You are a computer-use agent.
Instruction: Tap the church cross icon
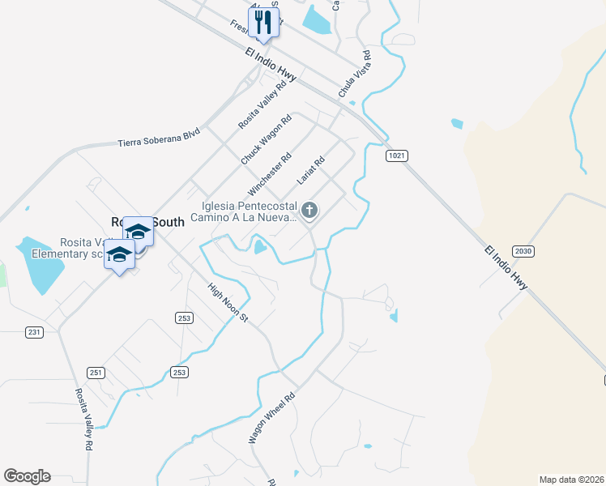pos(309,211)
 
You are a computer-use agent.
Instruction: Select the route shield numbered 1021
pos(396,156)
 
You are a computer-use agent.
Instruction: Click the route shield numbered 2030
pos(523,251)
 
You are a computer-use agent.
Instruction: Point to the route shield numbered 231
pos(33,332)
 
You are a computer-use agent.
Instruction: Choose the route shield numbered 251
pos(96,372)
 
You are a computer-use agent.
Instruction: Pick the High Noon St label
pos(228,301)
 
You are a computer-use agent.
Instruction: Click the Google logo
pos(27,476)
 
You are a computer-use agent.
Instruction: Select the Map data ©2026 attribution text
pos(571,479)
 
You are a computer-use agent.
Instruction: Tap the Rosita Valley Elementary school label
pos(68,248)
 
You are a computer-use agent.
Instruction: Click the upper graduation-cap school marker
pos(139,232)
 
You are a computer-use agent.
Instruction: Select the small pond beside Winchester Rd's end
pos(259,245)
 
